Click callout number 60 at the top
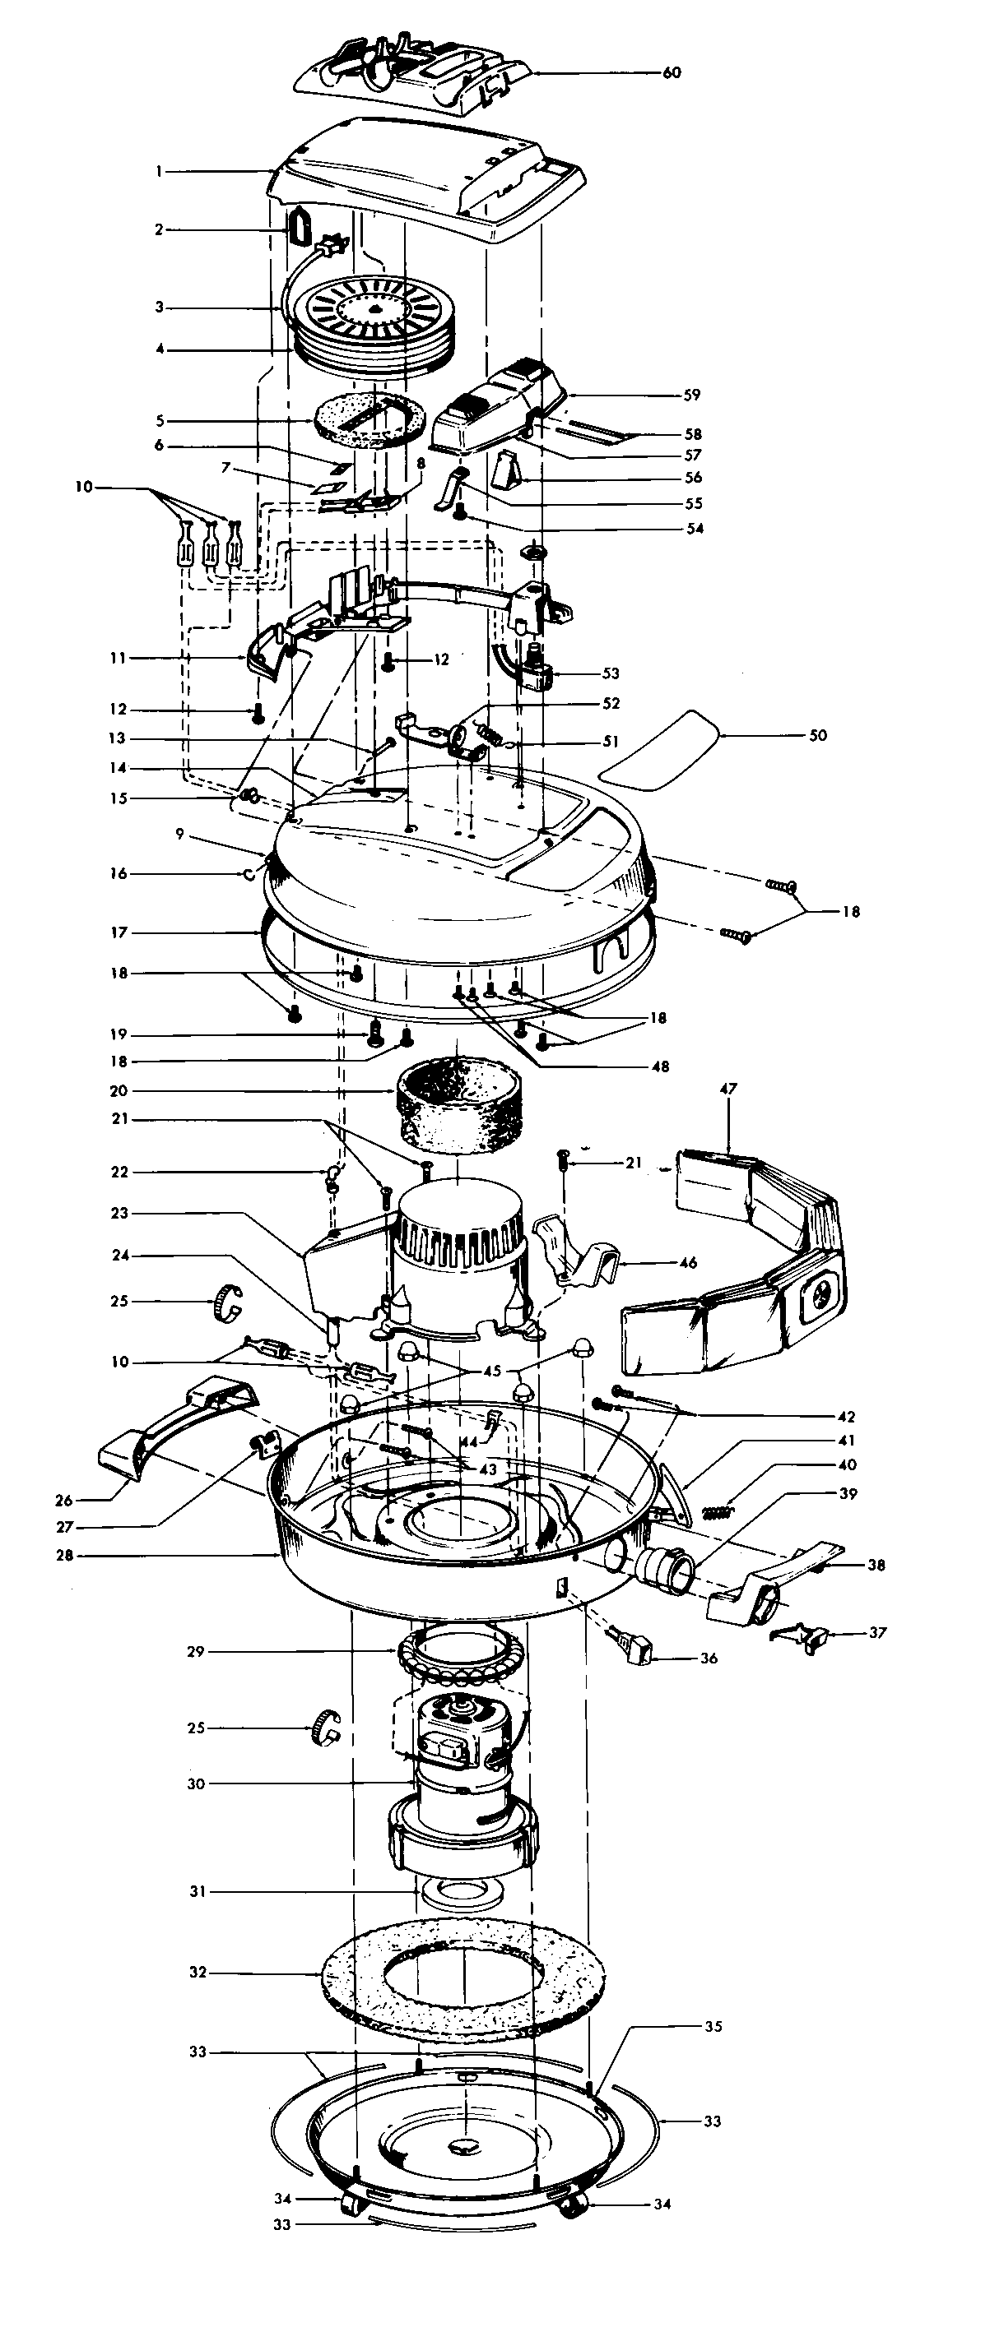[672, 73]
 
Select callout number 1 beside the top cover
[159, 171]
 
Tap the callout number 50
[817, 735]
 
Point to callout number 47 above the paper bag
[728, 1089]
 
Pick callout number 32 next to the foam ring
[198, 1973]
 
